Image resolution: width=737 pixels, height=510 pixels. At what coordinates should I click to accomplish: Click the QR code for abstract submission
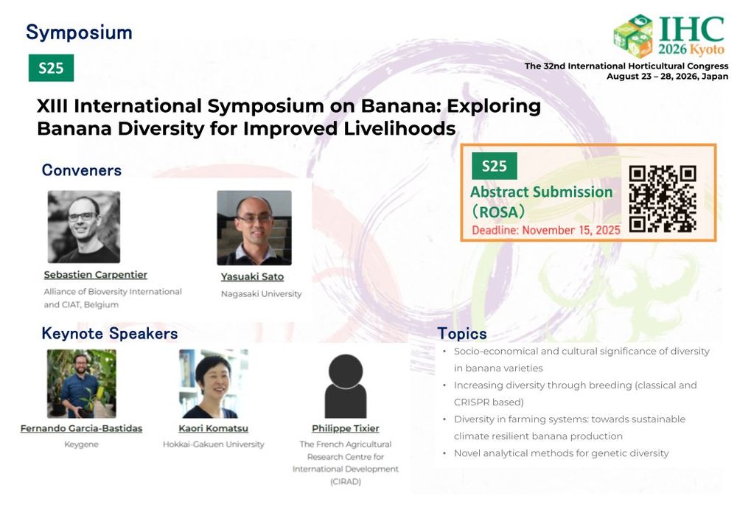663,198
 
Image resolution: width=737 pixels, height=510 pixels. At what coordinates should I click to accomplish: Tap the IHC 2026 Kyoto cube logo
634,35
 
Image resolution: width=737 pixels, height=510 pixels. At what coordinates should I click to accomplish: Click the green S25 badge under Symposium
51,68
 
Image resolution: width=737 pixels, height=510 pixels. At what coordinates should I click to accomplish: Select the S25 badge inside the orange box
494,166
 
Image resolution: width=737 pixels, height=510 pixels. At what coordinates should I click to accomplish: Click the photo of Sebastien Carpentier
84,226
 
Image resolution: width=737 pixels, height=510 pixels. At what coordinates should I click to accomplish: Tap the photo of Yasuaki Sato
254,228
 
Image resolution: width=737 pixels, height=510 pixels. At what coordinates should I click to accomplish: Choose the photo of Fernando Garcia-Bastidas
81,383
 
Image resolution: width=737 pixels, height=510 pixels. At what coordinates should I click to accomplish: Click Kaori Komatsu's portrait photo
214,383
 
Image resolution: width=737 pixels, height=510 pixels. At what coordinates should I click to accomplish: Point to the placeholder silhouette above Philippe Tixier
346,386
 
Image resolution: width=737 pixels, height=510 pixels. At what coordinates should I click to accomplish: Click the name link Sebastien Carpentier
95,274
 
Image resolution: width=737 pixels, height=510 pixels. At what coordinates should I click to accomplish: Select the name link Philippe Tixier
346,428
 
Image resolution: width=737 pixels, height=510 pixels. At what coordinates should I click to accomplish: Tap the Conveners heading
82,170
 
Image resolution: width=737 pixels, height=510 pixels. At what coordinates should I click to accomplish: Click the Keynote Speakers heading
110,333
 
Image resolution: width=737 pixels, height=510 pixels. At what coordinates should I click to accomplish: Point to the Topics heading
462,334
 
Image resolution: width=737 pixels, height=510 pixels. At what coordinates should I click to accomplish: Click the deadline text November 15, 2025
571,231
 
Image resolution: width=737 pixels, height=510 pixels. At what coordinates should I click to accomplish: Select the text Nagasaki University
262,294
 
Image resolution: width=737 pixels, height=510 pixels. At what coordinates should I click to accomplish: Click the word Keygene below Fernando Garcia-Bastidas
81,444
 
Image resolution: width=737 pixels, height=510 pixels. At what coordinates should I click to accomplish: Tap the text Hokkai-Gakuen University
214,444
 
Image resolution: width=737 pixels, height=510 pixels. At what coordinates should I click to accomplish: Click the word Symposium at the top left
79,33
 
